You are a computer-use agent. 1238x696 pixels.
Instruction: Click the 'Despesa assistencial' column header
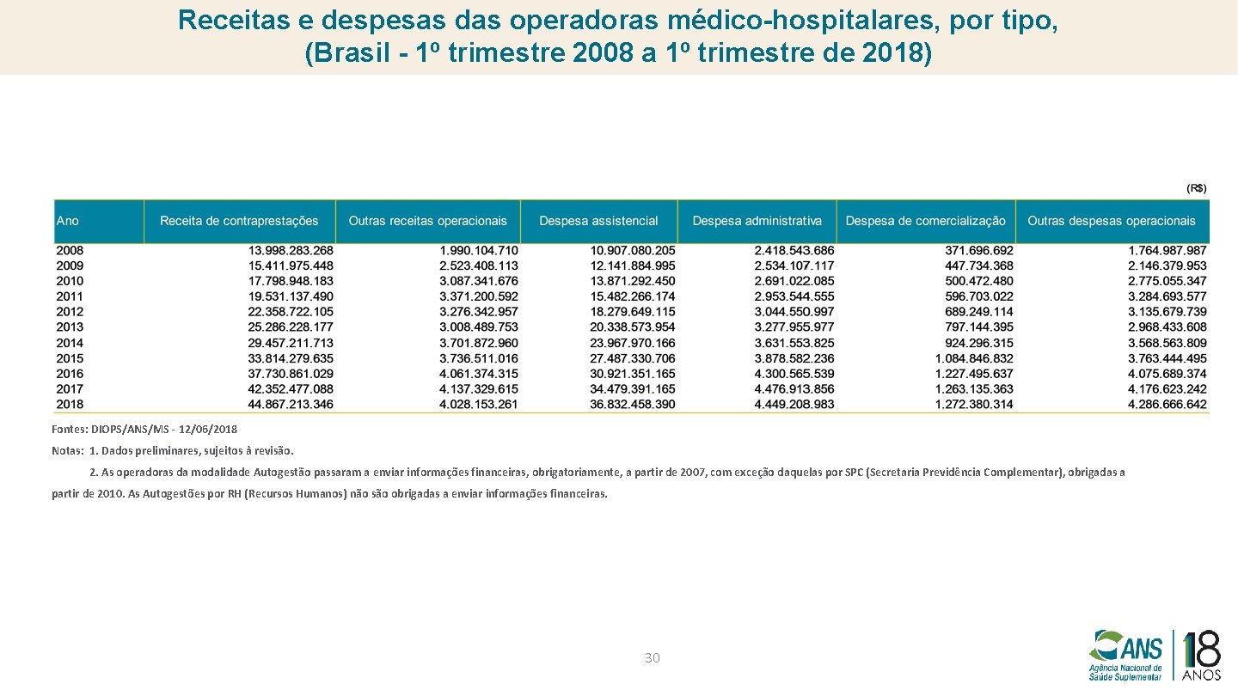(598, 221)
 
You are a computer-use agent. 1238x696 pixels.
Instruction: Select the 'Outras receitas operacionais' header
(428, 221)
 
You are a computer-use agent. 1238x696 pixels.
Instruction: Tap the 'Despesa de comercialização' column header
(925, 221)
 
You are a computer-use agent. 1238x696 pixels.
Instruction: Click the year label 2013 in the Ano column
(70, 327)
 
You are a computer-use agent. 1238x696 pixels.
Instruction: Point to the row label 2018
(70, 404)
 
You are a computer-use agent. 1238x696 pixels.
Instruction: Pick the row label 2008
(70, 250)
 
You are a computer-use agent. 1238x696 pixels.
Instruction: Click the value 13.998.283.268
(291, 250)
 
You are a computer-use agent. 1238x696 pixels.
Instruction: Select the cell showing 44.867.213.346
(291, 404)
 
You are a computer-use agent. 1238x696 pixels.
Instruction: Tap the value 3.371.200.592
(478, 296)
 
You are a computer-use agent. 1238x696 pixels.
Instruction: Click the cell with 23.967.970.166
(633, 343)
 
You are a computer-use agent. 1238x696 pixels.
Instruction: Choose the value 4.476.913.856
(794, 389)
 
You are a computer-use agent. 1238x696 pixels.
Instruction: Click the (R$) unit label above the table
(1197, 188)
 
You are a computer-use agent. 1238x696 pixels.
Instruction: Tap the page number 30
(653, 658)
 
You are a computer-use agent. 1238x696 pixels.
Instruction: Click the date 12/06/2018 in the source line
(209, 429)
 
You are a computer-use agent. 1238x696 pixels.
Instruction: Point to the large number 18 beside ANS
(1201, 650)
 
